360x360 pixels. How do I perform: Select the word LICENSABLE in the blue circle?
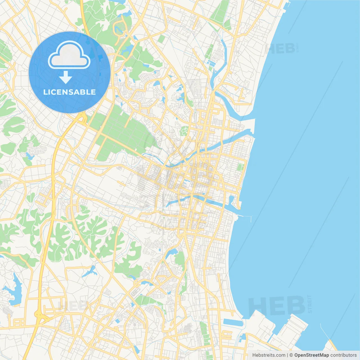(69, 92)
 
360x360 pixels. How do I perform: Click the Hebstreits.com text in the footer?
(269, 355)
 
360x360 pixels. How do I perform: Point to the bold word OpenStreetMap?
(311, 355)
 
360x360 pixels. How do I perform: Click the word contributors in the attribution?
(343, 355)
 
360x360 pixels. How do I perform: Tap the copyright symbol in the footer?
(291, 355)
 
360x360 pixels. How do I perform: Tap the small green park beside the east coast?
(240, 167)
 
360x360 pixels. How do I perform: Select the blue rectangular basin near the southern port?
(233, 322)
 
